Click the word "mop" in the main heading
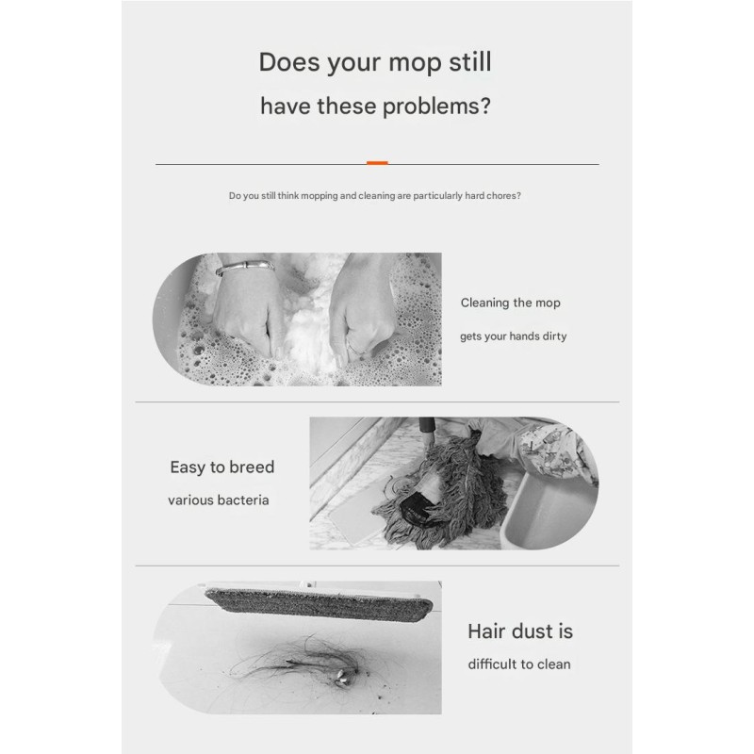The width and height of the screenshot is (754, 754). (415, 63)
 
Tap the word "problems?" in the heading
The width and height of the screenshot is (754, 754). (436, 107)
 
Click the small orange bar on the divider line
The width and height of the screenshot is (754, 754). (377, 163)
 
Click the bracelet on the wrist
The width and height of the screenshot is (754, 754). (244, 267)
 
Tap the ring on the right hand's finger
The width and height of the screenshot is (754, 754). (355, 348)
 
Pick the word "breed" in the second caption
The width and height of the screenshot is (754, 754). (252, 467)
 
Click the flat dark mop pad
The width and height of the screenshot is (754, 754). (319, 602)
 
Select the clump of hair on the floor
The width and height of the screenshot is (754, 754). (308, 662)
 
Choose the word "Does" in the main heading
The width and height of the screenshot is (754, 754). (289, 62)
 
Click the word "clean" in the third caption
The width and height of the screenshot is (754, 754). (554, 664)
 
